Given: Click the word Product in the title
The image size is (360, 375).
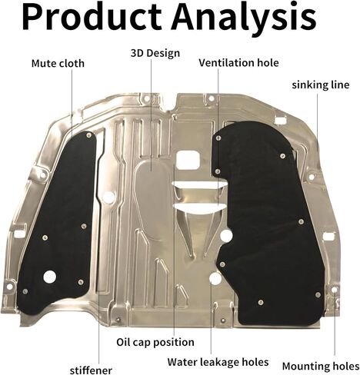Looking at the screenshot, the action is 92,17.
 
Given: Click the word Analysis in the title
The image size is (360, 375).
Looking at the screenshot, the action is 245,17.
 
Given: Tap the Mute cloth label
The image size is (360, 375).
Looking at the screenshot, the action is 58,63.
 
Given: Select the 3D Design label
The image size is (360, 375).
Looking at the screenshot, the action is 155,54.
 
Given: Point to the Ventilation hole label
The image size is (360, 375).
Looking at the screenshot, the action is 238,63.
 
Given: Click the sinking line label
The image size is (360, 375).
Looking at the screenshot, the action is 321,85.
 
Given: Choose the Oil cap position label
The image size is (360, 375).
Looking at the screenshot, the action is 155,342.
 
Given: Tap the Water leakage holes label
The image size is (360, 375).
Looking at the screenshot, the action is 218,362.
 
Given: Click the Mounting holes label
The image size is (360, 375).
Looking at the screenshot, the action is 321,366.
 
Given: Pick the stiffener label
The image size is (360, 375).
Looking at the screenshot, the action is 91,370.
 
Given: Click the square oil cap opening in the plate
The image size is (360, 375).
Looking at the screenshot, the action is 188,160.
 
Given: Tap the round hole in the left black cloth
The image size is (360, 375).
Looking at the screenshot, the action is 49,277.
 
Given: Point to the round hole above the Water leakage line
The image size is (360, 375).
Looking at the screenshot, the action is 215,278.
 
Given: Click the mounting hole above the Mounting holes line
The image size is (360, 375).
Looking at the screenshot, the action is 334,290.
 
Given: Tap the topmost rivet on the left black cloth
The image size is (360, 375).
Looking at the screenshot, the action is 88,134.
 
